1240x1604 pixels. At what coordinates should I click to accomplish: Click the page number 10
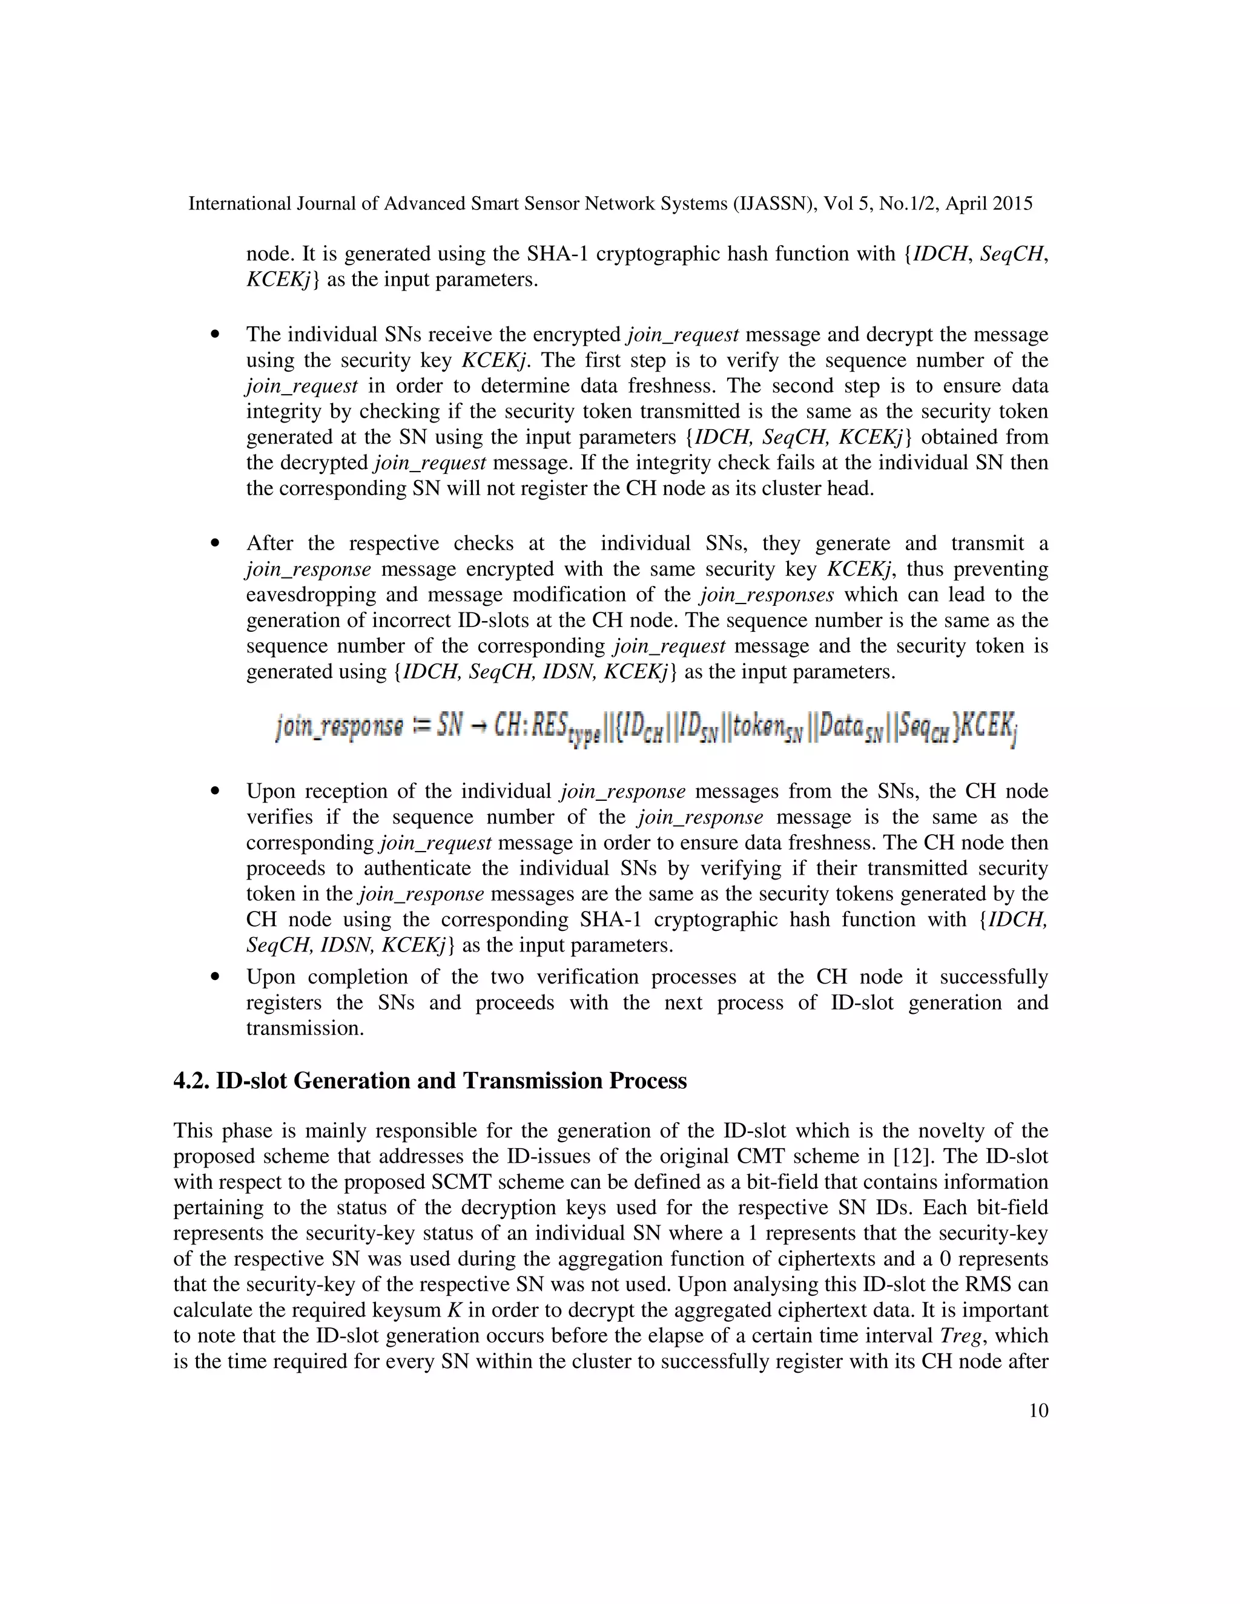1038,1410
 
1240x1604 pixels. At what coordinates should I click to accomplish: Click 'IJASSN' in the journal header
771,203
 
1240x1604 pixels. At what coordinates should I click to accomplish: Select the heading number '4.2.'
192,1080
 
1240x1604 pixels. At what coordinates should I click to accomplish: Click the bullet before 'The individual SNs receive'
214,335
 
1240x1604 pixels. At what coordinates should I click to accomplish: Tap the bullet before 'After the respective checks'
214,544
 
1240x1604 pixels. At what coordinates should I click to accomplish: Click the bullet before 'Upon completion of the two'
214,978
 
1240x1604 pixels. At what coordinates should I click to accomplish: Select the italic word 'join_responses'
766,594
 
